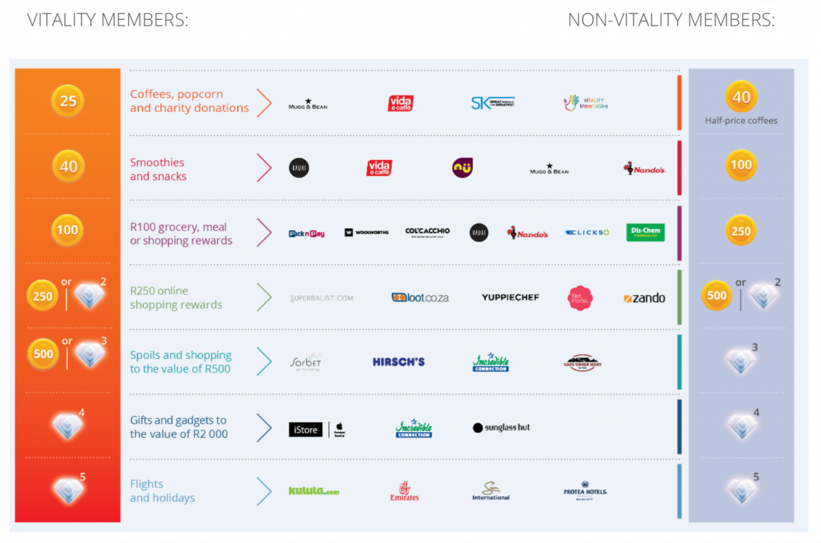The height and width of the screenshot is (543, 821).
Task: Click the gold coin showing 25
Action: click(x=68, y=101)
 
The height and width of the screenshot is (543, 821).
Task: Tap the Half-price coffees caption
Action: click(x=741, y=121)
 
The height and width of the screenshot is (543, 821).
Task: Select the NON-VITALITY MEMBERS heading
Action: click(x=671, y=20)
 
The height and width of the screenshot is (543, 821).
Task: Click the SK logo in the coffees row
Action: click(x=493, y=103)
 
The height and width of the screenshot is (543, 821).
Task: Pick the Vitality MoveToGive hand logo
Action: click(x=586, y=103)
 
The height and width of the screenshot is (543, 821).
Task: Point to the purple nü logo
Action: click(x=462, y=167)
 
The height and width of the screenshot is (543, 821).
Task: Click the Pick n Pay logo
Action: click(x=306, y=233)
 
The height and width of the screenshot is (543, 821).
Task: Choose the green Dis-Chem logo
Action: click(x=645, y=233)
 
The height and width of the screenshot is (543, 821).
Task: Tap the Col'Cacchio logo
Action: click(x=427, y=232)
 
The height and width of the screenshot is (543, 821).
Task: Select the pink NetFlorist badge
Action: click(x=579, y=298)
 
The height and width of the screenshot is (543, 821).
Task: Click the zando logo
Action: click(x=644, y=298)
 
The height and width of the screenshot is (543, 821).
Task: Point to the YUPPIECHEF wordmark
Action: click(x=510, y=297)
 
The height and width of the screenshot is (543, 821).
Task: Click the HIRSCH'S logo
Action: click(x=398, y=362)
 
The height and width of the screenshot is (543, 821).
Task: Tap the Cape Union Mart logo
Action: click(x=582, y=363)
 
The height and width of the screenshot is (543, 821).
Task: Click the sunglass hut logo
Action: click(x=501, y=427)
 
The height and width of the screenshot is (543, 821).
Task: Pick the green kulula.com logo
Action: click(x=314, y=491)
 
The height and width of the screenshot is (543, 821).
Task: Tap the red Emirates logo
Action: click(x=404, y=491)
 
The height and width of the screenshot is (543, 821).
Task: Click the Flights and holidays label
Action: click(x=162, y=491)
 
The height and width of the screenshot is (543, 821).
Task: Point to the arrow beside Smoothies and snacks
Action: click(x=264, y=168)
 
